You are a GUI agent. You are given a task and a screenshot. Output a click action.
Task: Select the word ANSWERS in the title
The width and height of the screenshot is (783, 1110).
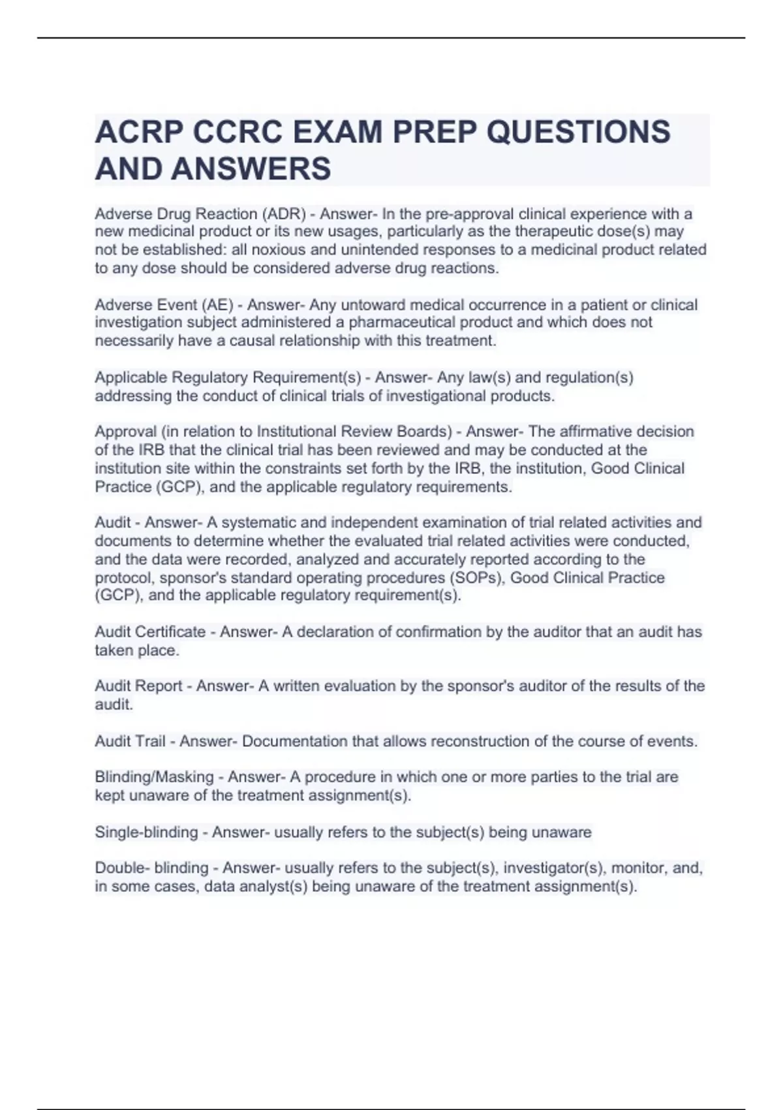251,168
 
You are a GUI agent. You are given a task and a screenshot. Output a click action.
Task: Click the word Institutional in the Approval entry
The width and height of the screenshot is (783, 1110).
298,432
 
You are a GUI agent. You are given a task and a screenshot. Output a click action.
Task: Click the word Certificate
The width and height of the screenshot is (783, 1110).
170,632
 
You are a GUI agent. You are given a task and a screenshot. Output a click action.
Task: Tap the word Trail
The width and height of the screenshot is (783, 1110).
148,742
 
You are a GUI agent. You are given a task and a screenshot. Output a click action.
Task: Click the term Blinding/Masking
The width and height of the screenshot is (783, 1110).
154,777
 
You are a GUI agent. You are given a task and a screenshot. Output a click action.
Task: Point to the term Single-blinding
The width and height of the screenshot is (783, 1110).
146,832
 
